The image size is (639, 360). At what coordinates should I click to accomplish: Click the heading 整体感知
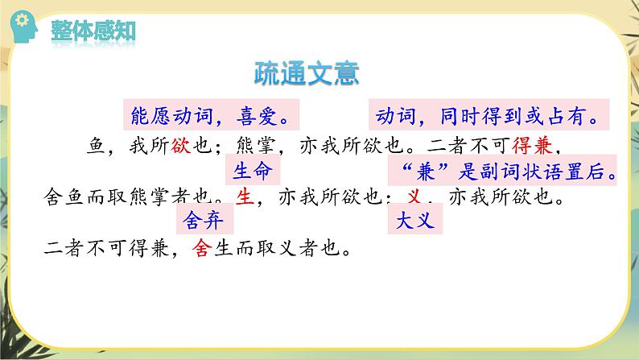93,31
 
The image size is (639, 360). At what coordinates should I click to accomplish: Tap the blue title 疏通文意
305,72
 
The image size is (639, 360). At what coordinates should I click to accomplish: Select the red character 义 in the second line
414,197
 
